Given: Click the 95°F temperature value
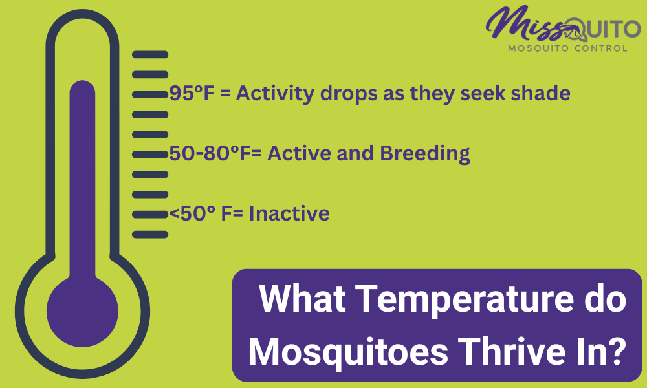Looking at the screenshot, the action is [193, 93].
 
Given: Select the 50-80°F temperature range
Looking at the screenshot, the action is [210, 153].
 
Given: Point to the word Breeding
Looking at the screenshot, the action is [424, 154].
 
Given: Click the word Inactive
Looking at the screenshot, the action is [289, 213].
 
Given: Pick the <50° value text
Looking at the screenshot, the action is [192, 213].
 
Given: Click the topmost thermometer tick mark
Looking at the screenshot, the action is [150, 54].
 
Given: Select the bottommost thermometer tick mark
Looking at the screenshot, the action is [150, 235].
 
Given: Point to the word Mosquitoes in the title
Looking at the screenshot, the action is [348, 352].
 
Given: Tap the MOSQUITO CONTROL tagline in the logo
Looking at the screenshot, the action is [568, 48].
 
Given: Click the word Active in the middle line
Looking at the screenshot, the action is [300, 153].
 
